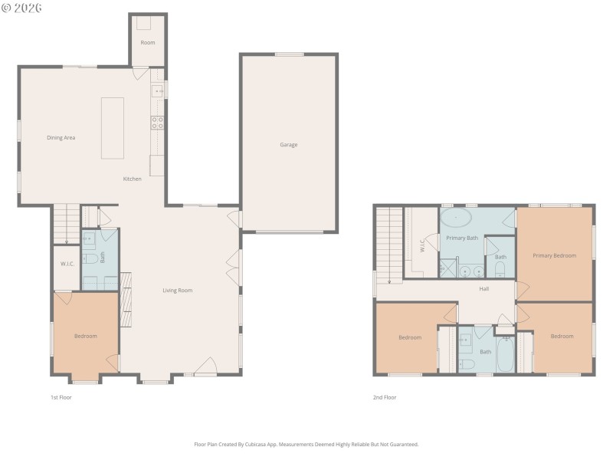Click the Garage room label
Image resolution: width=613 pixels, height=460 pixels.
[x=288, y=144]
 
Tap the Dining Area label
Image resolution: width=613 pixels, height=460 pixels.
[x=61, y=138]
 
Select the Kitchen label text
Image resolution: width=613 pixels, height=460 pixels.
[x=133, y=179]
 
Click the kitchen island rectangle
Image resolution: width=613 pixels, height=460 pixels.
[x=112, y=127]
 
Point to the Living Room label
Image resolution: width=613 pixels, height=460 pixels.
[x=177, y=291]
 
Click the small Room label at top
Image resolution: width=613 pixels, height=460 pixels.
[x=147, y=42]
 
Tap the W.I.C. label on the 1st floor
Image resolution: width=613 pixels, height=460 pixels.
[x=67, y=264]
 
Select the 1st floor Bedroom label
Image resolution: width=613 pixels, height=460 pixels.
[x=85, y=336]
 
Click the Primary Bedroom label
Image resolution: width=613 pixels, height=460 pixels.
[x=554, y=255]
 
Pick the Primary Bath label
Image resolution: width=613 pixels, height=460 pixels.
[x=462, y=238]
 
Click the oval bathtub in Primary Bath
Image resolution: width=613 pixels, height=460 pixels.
[x=457, y=218]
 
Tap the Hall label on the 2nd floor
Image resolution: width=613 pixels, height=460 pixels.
[x=484, y=289]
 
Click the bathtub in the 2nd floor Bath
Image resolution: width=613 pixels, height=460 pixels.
[x=505, y=354]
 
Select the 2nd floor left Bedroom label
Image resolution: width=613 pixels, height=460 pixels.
[x=410, y=337]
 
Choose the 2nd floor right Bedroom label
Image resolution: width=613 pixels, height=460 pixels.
[x=562, y=336]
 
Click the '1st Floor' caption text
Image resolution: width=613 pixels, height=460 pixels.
[x=61, y=397]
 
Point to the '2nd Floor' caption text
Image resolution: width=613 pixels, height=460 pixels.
[x=384, y=397]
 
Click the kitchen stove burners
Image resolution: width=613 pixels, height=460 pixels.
[x=157, y=121]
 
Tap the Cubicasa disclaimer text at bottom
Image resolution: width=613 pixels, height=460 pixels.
[x=306, y=444]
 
